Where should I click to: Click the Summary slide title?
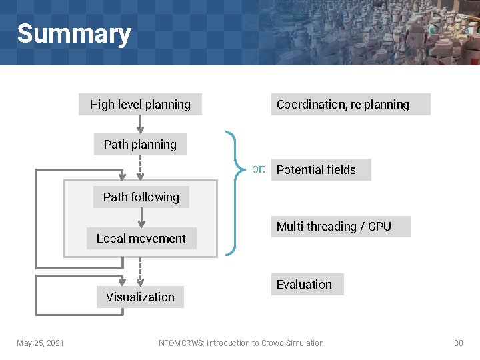73,33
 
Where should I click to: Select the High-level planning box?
140,105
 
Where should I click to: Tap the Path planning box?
140,145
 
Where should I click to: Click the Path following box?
141,197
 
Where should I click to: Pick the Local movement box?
141,239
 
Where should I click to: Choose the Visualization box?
140,297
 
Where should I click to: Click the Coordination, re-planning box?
350,105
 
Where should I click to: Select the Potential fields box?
321,170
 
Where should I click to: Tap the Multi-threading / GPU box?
340,227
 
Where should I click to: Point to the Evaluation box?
307,285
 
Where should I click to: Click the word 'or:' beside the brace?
259,169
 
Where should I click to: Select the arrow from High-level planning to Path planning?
140,125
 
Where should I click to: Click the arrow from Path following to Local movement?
141,218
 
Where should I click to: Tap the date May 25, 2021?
40,343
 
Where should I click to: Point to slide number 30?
458,343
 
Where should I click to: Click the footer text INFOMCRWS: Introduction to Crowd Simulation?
239,343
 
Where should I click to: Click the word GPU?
379,227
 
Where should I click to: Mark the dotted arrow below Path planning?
140,167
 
